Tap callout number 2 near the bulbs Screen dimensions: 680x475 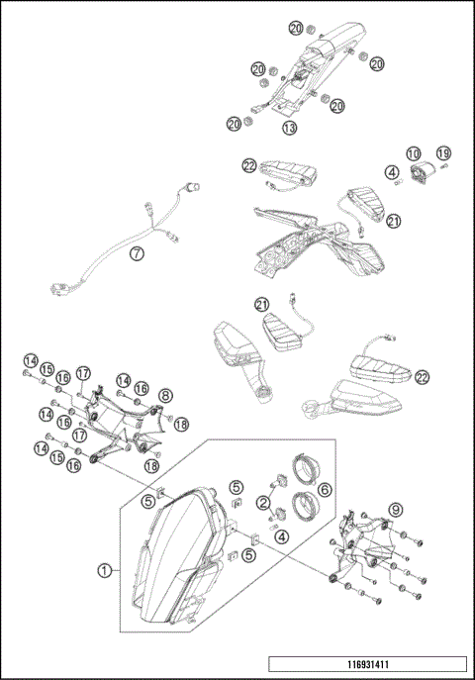pyautogui.click(x=263, y=503)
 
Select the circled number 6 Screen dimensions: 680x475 pyautogui.click(x=325, y=488)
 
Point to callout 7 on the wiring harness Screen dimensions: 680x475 pyautogui.click(x=138, y=253)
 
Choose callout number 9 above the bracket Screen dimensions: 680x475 pyautogui.click(x=397, y=512)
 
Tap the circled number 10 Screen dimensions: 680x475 pyautogui.click(x=413, y=154)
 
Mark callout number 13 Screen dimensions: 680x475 pyautogui.click(x=289, y=128)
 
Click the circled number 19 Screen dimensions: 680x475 pyautogui.click(x=443, y=153)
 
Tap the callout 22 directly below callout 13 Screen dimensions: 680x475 pyautogui.click(x=249, y=166)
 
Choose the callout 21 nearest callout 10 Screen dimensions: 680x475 pyautogui.click(x=395, y=222)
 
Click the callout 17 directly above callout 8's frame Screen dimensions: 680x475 pyautogui.click(x=83, y=373)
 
